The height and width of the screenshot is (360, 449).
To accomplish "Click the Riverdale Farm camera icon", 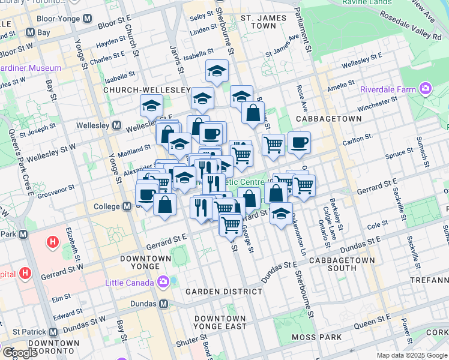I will pyautogui.click(x=426, y=89).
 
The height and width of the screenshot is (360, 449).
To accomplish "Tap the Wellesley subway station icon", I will pyautogui.click(x=116, y=126).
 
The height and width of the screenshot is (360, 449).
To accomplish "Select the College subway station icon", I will pyautogui.click(x=127, y=206).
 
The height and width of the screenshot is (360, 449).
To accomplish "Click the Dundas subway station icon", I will pyautogui.click(x=163, y=304).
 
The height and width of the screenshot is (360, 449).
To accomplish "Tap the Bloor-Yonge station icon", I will pyautogui.click(x=87, y=18).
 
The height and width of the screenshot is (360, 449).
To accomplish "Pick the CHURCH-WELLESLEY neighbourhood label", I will pyautogui.click(x=146, y=90).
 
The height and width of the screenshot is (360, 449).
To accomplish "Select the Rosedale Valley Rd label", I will pyautogui.click(x=425, y=37).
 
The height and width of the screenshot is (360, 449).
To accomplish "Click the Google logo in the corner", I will pyautogui.click(x=20, y=353).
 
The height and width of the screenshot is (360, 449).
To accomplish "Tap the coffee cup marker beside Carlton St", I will pyautogui.click(x=299, y=143).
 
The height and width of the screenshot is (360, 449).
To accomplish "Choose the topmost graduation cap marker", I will pyautogui.click(x=217, y=71).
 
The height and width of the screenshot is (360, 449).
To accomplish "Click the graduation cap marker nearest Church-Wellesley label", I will pyautogui.click(x=151, y=106).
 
